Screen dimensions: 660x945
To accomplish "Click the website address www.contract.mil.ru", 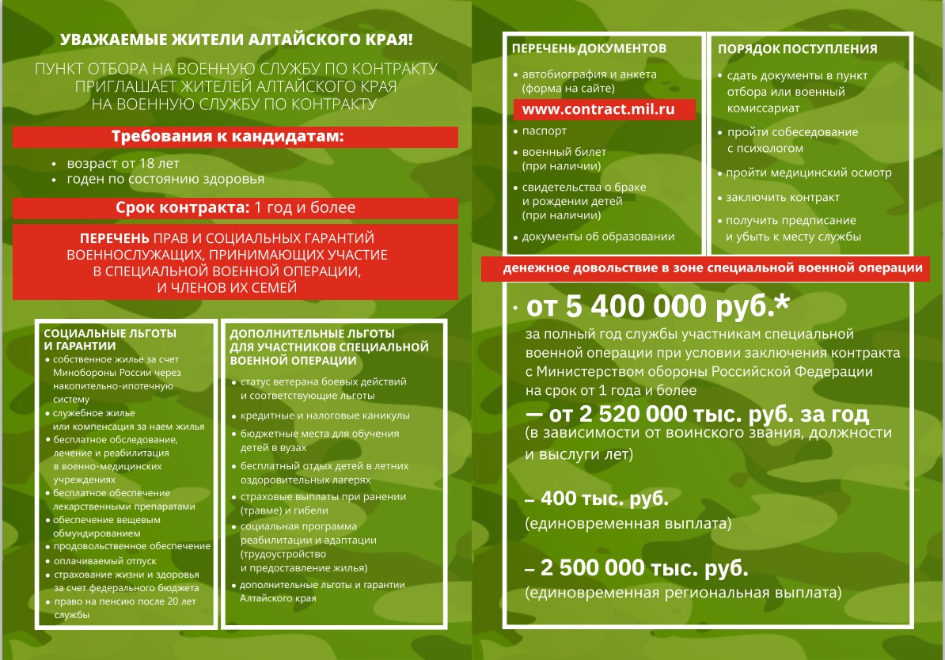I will click(x=603, y=109).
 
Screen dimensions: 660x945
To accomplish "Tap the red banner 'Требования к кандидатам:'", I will click(x=236, y=137).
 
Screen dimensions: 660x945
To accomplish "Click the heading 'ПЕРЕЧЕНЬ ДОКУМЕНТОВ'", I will click(x=589, y=48).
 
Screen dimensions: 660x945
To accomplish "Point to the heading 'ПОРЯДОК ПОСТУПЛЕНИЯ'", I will click(x=797, y=49).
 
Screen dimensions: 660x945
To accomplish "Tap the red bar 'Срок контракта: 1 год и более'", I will click(x=236, y=208).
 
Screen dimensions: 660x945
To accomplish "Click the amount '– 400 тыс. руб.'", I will click(x=597, y=499).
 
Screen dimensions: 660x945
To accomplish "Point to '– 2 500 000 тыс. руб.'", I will click(x=637, y=568).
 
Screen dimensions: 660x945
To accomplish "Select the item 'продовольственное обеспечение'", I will click(x=132, y=546).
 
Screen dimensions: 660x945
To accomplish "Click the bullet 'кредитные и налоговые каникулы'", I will click(x=324, y=415).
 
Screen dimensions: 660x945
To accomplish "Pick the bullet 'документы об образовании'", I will click(x=598, y=236).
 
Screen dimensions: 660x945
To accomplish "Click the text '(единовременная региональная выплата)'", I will click(x=682, y=592).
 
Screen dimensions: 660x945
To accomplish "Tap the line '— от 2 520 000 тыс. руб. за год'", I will click(x=696, y=414).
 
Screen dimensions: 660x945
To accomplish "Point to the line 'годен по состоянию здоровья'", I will click(x=165, y=180).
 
